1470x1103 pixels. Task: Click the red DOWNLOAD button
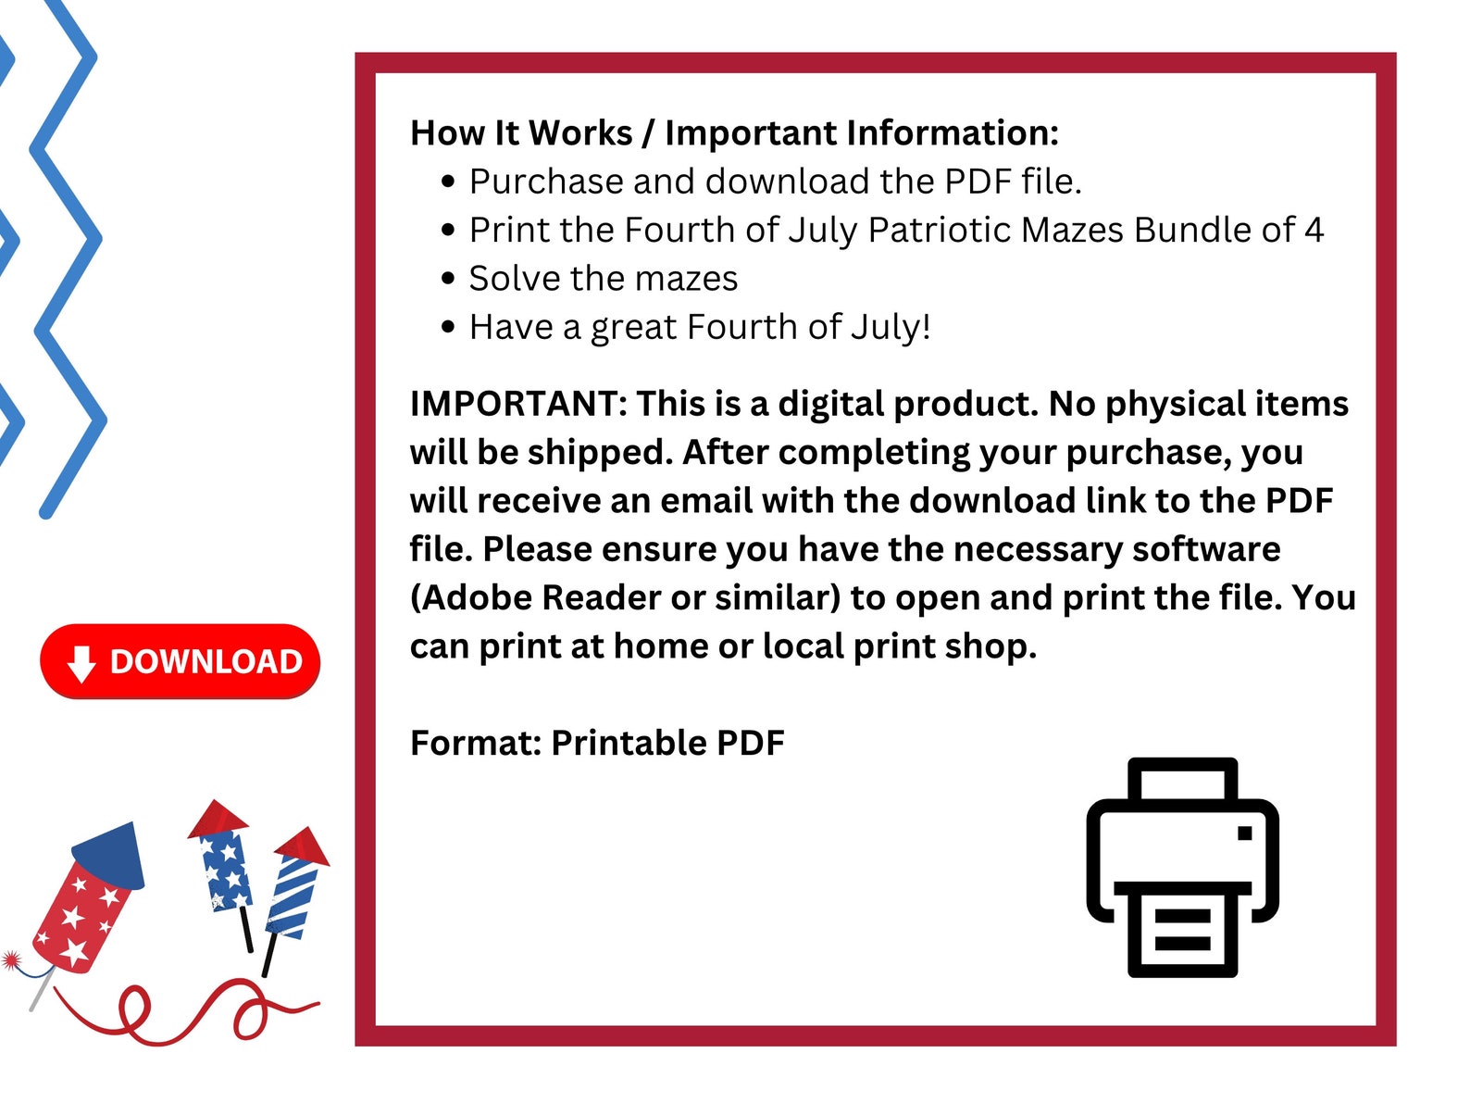[x=180, y=661]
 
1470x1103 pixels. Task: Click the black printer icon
[x=1182, y=867]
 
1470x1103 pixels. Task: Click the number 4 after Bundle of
[x=1314, y=230]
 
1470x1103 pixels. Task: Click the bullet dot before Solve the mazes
[x=449, y=278]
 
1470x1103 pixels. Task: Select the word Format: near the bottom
[x=475, y=743]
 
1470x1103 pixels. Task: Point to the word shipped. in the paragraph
[x=599, y=453]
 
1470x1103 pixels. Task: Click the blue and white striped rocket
[x=292, y=894]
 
